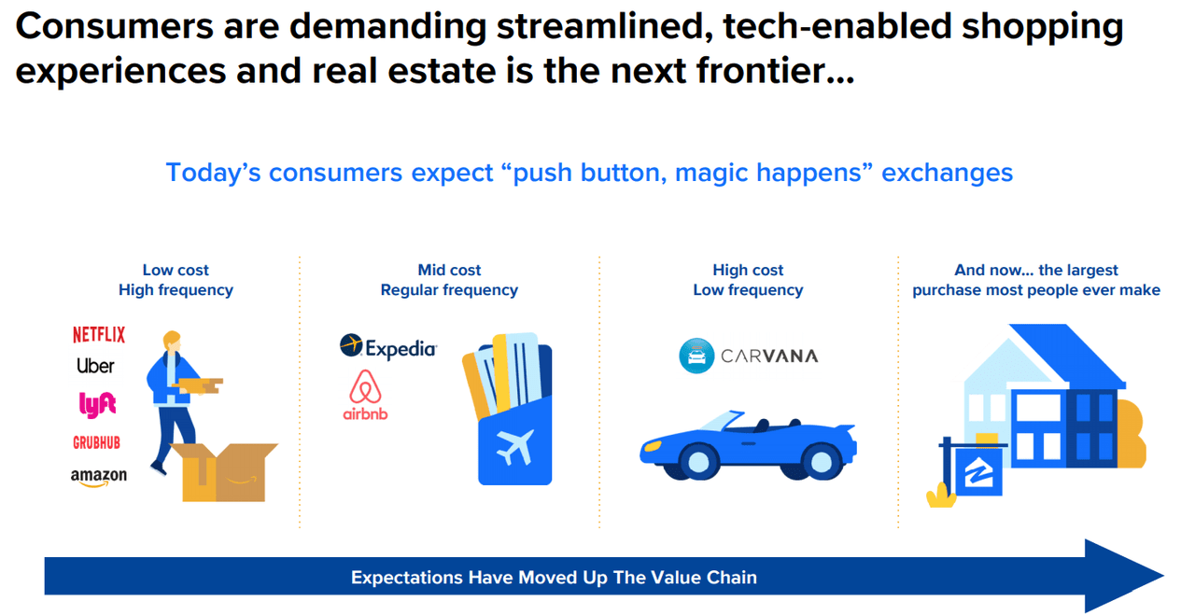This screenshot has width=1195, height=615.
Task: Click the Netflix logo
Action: (x=98, y=334)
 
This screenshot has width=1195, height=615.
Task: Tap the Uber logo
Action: (x=95, y=366)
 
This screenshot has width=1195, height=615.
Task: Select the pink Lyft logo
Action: (x=97, y=404)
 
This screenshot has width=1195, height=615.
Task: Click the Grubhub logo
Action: (x=97, y=442)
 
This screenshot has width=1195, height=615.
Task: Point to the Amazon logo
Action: (x=98, y=476)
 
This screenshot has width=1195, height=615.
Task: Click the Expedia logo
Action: (x=388, y=348)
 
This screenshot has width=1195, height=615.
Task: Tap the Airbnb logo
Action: (x=366, y=395)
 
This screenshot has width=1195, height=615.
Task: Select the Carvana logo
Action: (x=749, y=356)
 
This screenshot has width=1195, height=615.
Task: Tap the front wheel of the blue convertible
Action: (x=822, y=460)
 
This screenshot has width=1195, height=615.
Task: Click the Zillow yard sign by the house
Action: (x=978, y=476)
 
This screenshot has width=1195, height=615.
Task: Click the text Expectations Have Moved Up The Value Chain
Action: (x=554, y=578)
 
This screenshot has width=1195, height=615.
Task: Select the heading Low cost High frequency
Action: (x=176, y=280)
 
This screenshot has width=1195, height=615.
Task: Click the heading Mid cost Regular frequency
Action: (x=449, y=280)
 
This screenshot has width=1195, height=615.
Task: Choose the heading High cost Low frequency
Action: (x=748, y=280)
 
